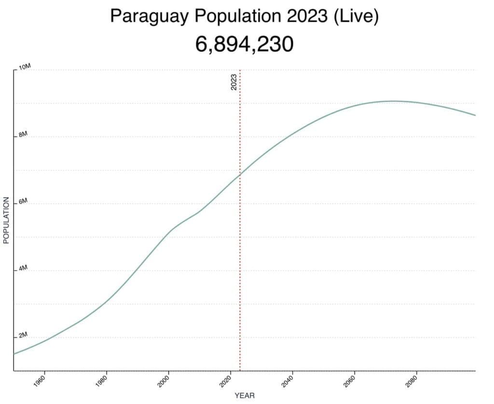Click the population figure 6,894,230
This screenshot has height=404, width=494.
tap(245, 44)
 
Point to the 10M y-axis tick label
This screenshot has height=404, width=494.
tap(25, 67)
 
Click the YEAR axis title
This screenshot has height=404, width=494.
tap(245, 396)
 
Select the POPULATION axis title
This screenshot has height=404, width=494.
tap(7, 220)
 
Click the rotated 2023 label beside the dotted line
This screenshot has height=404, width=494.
tap(234, 83)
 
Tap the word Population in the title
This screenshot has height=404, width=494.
tap(237, 16)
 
